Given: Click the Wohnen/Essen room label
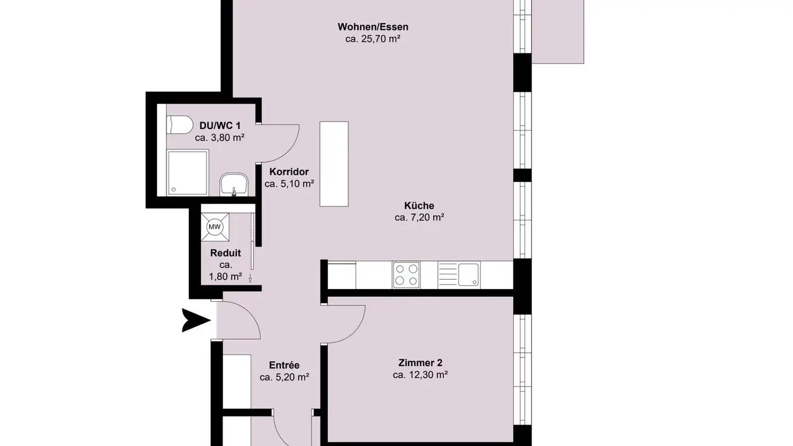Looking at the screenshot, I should (x=373, y=27).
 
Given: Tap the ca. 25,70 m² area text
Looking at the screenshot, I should (x=373, y=39).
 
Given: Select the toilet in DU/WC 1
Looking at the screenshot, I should (x=179, y=124).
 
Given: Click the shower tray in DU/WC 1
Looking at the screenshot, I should (x=187, y=172).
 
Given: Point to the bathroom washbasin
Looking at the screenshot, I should (x=234, y=184).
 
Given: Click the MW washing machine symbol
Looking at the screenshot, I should (x=214, y=226).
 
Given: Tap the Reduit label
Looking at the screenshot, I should (x=225, y=253).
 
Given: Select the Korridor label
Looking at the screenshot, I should (x=289, y=172).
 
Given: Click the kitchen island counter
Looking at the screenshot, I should (x=334, y=164).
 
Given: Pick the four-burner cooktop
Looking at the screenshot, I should (x=406, y=274).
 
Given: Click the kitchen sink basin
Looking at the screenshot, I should (x=468, y=274).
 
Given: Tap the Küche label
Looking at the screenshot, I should (x=419, y=205).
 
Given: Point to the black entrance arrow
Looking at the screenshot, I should (x=195, y=320).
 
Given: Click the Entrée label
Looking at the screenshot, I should (x=284, y=365).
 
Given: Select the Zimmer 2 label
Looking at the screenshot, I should (x=420, y=363).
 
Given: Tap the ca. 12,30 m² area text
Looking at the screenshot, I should (x=420, y=375).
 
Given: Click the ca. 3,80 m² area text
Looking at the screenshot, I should (x=219, y=138).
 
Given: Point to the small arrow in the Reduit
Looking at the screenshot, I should (x=251, y=279).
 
